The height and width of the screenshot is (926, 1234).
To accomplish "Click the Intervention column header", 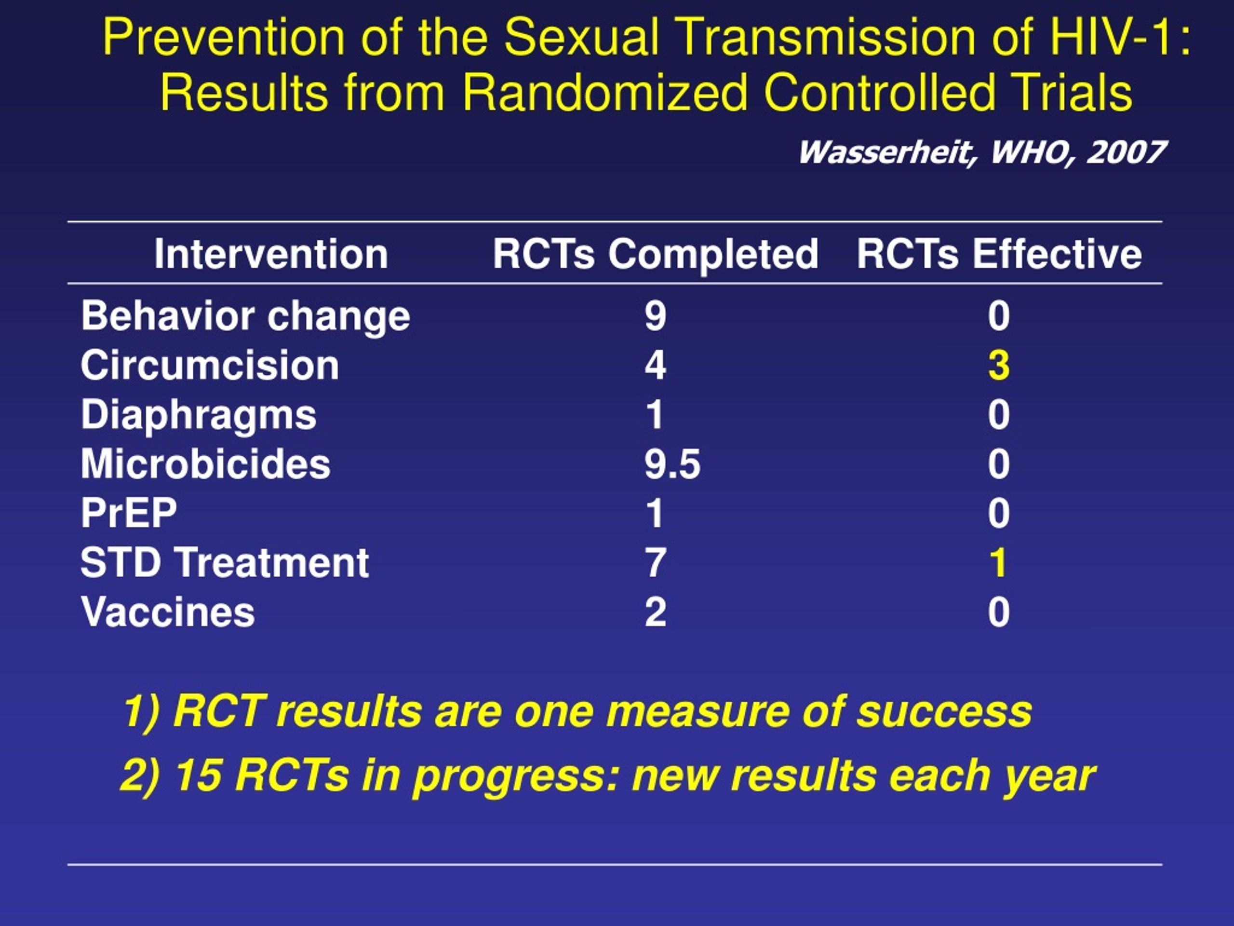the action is click(x=271, y=255).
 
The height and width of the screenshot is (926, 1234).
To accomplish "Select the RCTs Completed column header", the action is click(x=656, y=255).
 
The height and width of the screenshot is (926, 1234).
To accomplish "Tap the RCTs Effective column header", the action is click(x=999, y=255).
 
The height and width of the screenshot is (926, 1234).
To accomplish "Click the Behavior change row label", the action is click(x=245, y=316).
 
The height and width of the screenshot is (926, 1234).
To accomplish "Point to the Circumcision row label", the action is click(x=210, y=366).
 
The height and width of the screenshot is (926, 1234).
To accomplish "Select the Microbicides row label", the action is click(x=206, y=464).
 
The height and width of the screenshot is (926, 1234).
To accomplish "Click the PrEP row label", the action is click(x=129, y=513).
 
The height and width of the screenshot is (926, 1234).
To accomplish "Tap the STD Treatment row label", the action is click(x=225, y=563).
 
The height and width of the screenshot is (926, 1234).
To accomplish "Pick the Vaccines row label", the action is click(x=168, y=612).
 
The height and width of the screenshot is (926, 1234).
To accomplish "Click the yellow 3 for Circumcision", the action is click(x=999, y=366).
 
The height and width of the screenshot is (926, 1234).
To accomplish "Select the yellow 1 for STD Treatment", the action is click(x=998, y=563).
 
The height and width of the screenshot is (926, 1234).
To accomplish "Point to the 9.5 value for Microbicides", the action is click(x=672, y=464).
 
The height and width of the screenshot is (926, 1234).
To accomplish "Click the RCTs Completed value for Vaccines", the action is click(x=656, y=612).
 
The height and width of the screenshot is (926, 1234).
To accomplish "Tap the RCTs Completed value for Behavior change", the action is click(x=656, y=316).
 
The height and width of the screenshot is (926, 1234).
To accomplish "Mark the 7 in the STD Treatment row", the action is click(x=656, y=563).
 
